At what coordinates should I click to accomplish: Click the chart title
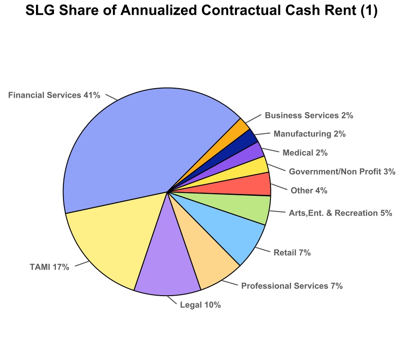click(x=202, y=11)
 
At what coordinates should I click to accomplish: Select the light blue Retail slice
click(x=234, y=229)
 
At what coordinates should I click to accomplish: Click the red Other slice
click(x=252, y=184)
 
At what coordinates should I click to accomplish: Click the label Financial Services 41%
click(x=54, y=95)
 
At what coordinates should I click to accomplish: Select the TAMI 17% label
click(x=50, y=267)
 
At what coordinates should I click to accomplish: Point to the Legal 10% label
click(x=200, y=305)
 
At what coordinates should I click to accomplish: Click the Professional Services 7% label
click(x=292, y=286)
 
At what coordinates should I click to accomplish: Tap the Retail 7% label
click(x=292, y=253)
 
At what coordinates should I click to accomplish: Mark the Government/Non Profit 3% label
click(x=342, y=171)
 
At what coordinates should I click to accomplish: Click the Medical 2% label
click(x=305, y=153)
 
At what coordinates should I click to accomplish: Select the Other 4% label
click(x=309, y=190)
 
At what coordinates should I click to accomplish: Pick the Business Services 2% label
click(x=309, y=115)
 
